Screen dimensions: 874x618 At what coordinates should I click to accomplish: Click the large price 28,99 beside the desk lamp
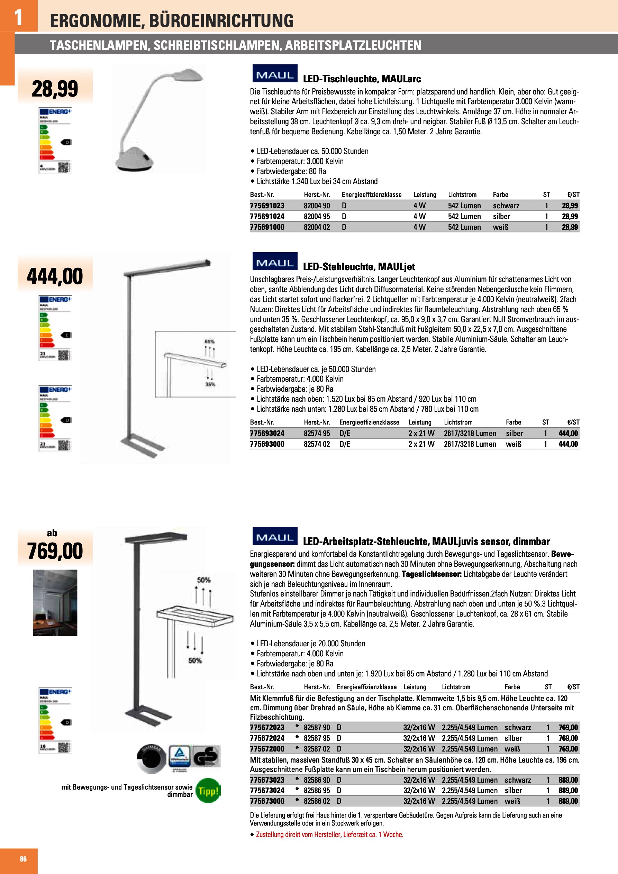pos(55,89)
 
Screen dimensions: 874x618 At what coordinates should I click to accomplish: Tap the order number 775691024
pos(267,216)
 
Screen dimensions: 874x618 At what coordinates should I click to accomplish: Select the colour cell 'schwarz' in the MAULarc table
pos(506,206)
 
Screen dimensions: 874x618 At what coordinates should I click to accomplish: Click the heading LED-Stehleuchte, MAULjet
pos(359,266)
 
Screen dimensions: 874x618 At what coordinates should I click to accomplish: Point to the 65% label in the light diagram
pos(209,342)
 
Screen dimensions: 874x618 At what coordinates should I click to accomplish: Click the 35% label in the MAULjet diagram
pos(210,384)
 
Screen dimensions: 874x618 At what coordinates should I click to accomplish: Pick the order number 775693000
pos(267,444)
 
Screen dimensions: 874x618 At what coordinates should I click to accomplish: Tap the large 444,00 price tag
pos(55,276)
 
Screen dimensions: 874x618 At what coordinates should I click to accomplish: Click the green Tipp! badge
pos(208,791)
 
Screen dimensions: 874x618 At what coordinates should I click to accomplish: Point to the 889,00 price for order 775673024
pos(568,790)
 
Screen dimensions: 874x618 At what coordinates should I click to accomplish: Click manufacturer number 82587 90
pos(316,727)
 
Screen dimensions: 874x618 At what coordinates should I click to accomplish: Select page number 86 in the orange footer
pos(23,859)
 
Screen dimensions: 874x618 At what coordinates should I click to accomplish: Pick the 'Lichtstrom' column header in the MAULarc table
pos(462,194)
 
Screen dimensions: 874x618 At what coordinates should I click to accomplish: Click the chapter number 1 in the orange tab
pos(18,17)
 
